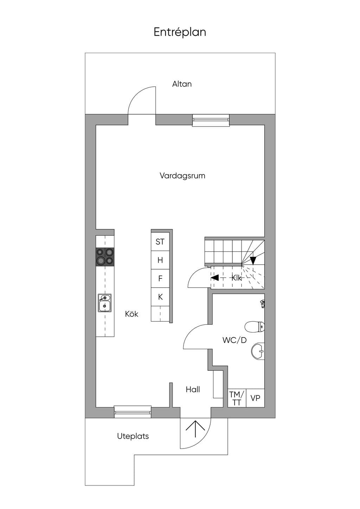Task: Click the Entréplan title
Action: (x=180, y=32)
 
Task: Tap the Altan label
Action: (x=182, y=84)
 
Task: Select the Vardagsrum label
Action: (x=182, y=176)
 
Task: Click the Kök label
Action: (x=131, y=314)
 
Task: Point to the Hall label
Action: (x=193, y=389)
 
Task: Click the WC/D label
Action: (x=234, y=340)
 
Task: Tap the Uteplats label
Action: (x=133, y=436)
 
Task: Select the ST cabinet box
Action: (x=160, y=241)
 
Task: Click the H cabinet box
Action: (x=160, y=260)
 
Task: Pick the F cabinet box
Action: (x=160, y=278)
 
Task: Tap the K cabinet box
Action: (x=160, y=297)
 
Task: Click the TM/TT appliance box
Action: (x=237, y=398)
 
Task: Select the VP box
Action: (x=255, y=398)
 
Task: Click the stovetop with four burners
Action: (x=105, y=257)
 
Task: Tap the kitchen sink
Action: (x=104, y=303)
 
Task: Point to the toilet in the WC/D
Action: (x=255, y=327)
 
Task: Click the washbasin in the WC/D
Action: (x=258, y=351)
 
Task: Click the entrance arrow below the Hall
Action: (x=195, y=429)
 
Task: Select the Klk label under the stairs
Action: (x=237, y=278)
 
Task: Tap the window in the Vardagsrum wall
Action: (x=211, y=120)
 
